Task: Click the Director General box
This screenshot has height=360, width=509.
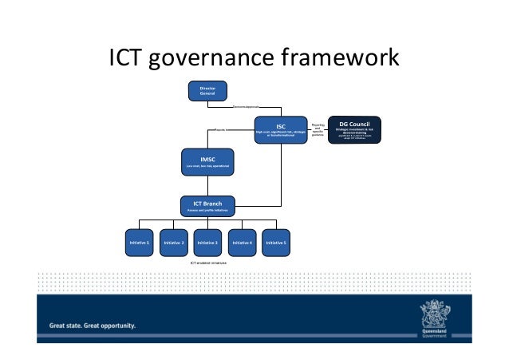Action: pos(207,90)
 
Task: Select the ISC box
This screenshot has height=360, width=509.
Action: pos(281,129)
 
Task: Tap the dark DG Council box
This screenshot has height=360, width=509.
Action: pos(354,129)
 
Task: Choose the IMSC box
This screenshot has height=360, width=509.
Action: pos(207,162)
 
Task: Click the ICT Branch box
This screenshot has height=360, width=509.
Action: pos(207,206)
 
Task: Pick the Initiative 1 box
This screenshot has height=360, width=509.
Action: pos(140,242)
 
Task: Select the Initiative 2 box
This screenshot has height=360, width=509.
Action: pos(174,242)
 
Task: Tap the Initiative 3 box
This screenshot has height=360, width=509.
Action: pos(207,242)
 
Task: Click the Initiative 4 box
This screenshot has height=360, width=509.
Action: pos(242,242)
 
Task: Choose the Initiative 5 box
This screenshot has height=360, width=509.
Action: pos(276,242)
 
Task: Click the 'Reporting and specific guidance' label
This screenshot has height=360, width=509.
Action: pos(318,129)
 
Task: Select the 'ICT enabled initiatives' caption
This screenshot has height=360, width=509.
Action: pos(208,263)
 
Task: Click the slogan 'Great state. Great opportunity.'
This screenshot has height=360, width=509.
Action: pos(93,326)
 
